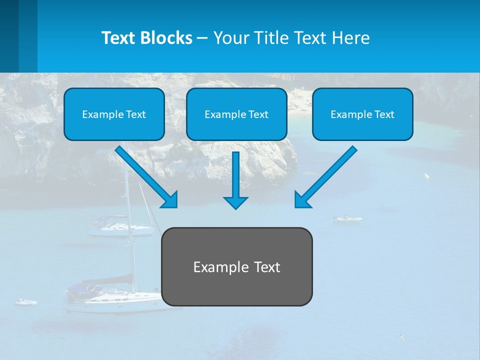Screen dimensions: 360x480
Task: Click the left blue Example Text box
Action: [x=114, y=114]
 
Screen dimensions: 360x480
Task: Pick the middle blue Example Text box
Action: [x=236, y=114]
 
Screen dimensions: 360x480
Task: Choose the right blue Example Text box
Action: [x=362, y=114]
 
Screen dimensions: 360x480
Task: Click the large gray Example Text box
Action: [x=236, y=266]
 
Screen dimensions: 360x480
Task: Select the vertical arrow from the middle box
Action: [x=235, y=175]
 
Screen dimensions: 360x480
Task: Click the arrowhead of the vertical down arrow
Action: [x=235, y=202]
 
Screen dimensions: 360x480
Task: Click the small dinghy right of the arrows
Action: [x=347, y=218]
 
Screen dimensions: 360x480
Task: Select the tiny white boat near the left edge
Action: [x=25, y=302]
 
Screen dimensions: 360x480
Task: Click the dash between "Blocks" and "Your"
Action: [x=202, y=38]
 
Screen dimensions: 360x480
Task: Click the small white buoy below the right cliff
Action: [x=426, y=176]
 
